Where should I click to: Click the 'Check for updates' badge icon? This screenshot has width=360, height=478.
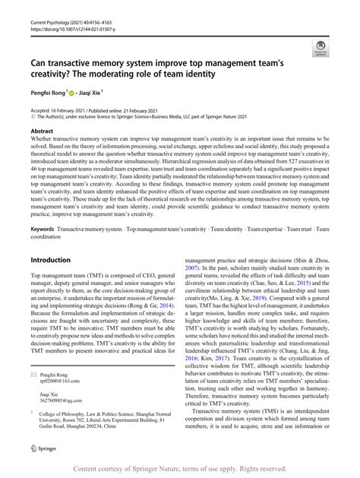(x=320, y=46)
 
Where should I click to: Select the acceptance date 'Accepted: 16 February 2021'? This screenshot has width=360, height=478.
(x=65, y=110)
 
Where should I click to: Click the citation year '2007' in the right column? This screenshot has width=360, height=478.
(x=194, y=268)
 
